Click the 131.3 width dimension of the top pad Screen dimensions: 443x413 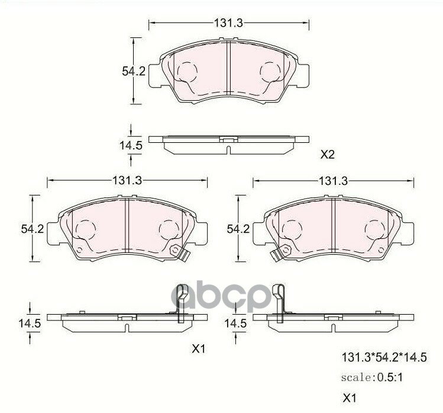pos(228,23)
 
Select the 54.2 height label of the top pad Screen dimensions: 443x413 pos(134,71)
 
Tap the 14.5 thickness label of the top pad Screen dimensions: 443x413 pos(131,146)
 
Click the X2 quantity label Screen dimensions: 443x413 pos(328,155)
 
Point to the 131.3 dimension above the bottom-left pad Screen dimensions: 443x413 pos(127,181)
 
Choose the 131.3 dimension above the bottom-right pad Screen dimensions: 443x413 pos(333,181)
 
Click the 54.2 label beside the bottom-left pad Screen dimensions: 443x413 pos(33,229)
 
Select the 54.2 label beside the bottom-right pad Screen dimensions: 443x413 pos(238,229)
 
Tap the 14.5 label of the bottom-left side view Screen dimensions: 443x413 pos(30,323)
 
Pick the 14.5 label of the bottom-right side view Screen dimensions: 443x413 pos(235,323)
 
